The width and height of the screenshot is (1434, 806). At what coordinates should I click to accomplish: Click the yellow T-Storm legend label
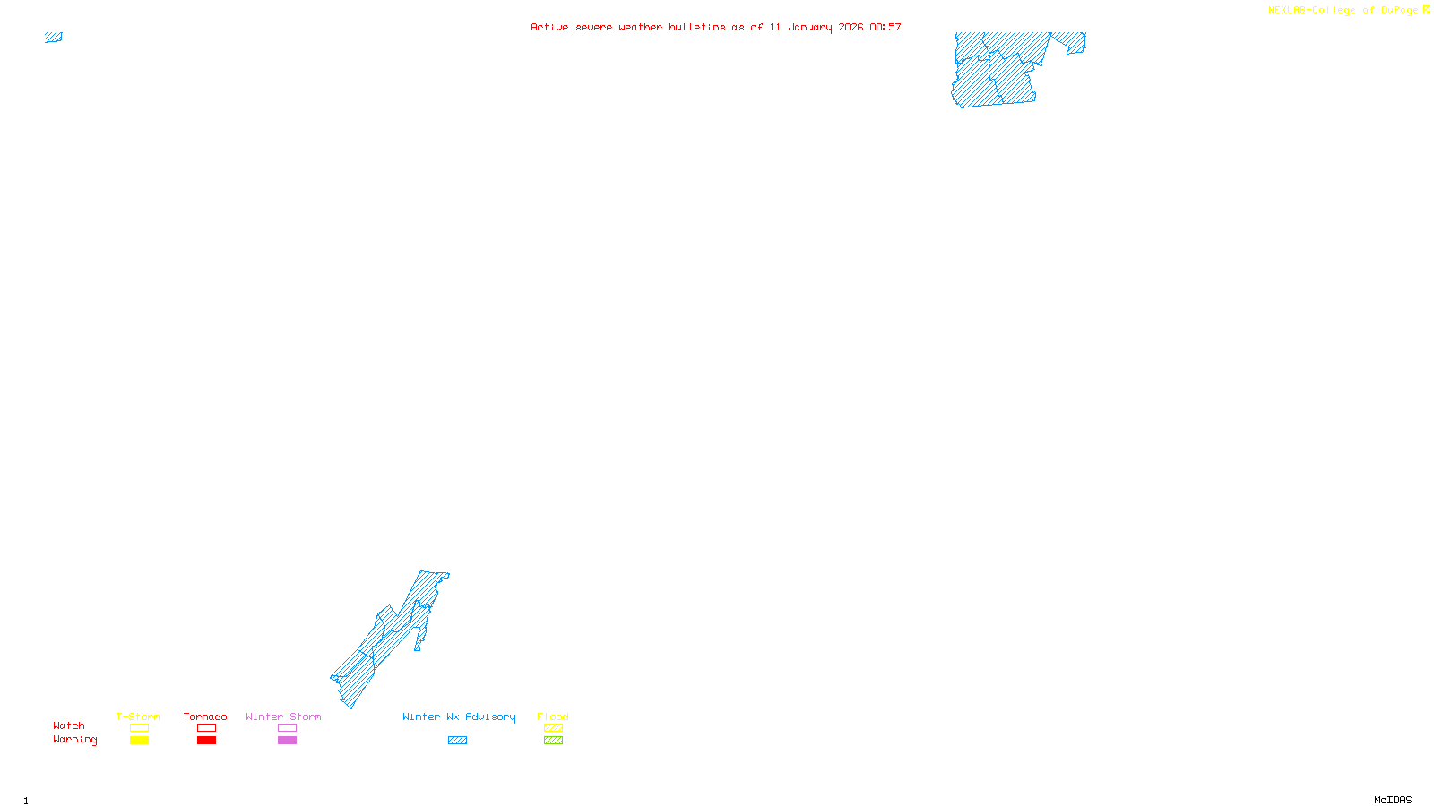(x=138, y=716)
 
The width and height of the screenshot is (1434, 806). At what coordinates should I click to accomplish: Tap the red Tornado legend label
(x=205, y=716)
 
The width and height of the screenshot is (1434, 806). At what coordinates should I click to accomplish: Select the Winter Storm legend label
(x=283, y=716)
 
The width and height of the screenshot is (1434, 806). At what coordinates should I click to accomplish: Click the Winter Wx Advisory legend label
(x=459, y=716)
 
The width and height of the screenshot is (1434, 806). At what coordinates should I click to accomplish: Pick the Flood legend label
(x=553, y=716)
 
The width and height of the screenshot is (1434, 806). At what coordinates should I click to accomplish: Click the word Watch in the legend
(x=69, y=726)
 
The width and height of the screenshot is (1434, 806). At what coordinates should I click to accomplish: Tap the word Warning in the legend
(x=75, y=740)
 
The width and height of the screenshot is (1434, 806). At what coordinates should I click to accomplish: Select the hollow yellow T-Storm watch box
(x=139, y=728)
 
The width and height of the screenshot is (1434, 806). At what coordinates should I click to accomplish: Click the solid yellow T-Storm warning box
(x=139, y=741)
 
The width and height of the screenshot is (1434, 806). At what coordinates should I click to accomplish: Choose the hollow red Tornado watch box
(x=206, y=728)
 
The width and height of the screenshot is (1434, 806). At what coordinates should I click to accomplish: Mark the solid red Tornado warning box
(x=206, y=741)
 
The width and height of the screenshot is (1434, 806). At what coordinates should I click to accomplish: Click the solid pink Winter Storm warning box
(x=287, y=741)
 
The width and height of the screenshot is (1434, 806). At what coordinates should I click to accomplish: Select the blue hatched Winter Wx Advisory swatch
(x=457, y=741)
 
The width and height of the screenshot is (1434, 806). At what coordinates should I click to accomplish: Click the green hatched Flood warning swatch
(x=553, y=741)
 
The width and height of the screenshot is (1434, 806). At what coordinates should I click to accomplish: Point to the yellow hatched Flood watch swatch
(x=553, y=728)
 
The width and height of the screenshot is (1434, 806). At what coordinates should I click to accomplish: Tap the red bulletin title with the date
(x=715, y=27)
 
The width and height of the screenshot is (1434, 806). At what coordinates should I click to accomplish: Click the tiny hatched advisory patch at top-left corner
(x=54, y=38)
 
